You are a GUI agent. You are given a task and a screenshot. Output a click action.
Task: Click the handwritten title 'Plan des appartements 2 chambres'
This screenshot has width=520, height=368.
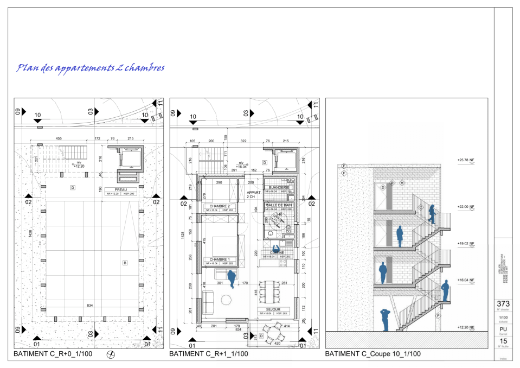(90, 68)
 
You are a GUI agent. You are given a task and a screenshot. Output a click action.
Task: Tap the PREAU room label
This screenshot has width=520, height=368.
(122, 189)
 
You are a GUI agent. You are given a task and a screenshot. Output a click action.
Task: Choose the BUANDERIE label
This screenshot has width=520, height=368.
(278, 187)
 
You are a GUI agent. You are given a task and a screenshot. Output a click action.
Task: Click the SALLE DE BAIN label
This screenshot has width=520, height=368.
(279, 205)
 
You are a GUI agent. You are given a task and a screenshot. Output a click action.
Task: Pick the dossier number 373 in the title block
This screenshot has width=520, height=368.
(503, 304)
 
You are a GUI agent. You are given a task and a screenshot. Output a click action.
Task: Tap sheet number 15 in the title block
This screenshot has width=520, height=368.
(503, 340)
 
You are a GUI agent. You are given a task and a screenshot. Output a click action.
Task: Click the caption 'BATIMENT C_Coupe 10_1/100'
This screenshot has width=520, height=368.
(373, 354)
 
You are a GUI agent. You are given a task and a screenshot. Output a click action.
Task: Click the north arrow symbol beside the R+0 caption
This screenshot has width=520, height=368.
(112, 355)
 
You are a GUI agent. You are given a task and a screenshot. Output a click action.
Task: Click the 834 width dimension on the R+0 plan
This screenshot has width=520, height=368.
(90, 306)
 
